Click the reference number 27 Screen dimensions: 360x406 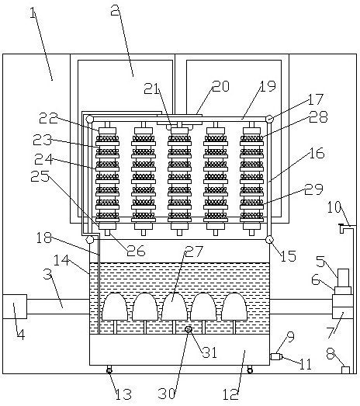195,252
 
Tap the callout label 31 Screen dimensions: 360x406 209,352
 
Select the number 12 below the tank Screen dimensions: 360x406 230,394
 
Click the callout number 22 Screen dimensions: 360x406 48,118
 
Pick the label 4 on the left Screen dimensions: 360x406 21,334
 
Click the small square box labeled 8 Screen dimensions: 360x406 345,370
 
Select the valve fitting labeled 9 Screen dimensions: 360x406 276,357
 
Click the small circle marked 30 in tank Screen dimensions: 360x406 189,329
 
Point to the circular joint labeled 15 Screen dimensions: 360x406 269,240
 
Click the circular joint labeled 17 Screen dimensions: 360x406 269,119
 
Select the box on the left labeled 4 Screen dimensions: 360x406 15,307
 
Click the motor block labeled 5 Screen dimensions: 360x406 344,278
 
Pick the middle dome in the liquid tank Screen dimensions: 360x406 174,307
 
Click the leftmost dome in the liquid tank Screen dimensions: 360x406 115,307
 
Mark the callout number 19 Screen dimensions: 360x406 268,86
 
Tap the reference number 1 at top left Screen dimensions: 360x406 33,13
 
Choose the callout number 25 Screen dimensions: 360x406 40,176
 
